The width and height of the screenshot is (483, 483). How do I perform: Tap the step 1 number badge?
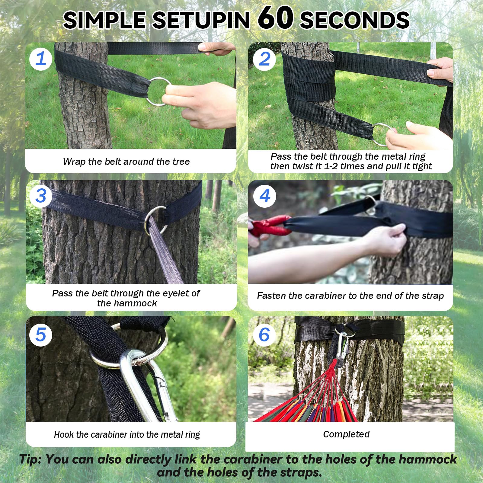[x=41, y=59]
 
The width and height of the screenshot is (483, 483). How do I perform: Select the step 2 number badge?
[x=264, y=59]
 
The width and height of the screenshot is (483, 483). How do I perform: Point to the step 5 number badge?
[x=41, y=335]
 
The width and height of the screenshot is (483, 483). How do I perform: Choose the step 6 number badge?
[x=264, y=335]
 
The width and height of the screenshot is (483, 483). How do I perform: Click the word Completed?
[x=346, y=434]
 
